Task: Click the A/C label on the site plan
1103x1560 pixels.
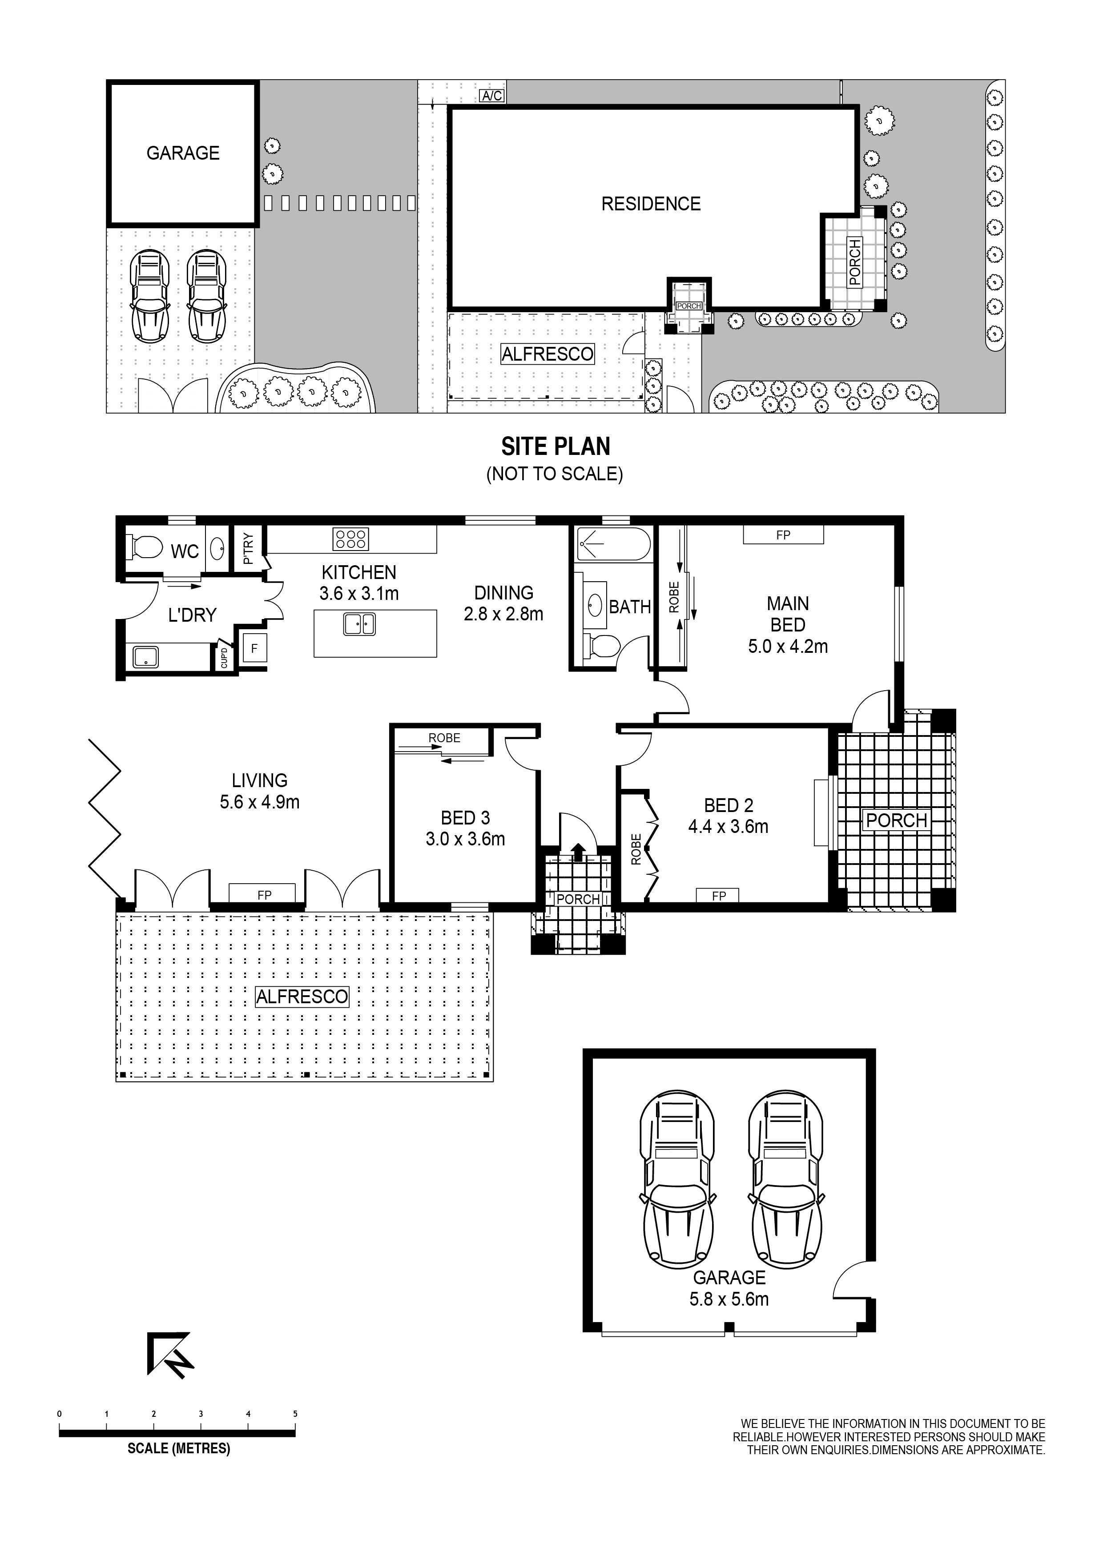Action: pos(492,96)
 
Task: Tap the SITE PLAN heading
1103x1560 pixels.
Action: pos(555,446)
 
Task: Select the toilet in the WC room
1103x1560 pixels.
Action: pos(145,546)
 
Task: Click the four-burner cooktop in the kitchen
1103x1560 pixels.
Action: pos(350,539)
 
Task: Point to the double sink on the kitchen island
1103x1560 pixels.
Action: pos(359,624)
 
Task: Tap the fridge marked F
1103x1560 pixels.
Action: pos(254,649)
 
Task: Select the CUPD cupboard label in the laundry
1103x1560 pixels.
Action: pos(224,658)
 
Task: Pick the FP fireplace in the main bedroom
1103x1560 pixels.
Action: pos(783,535)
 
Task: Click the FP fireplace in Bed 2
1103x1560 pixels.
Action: pos(719,896)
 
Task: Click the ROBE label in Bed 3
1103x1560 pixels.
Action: pos(444,738)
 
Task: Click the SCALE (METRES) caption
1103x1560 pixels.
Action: pos(179,1448)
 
